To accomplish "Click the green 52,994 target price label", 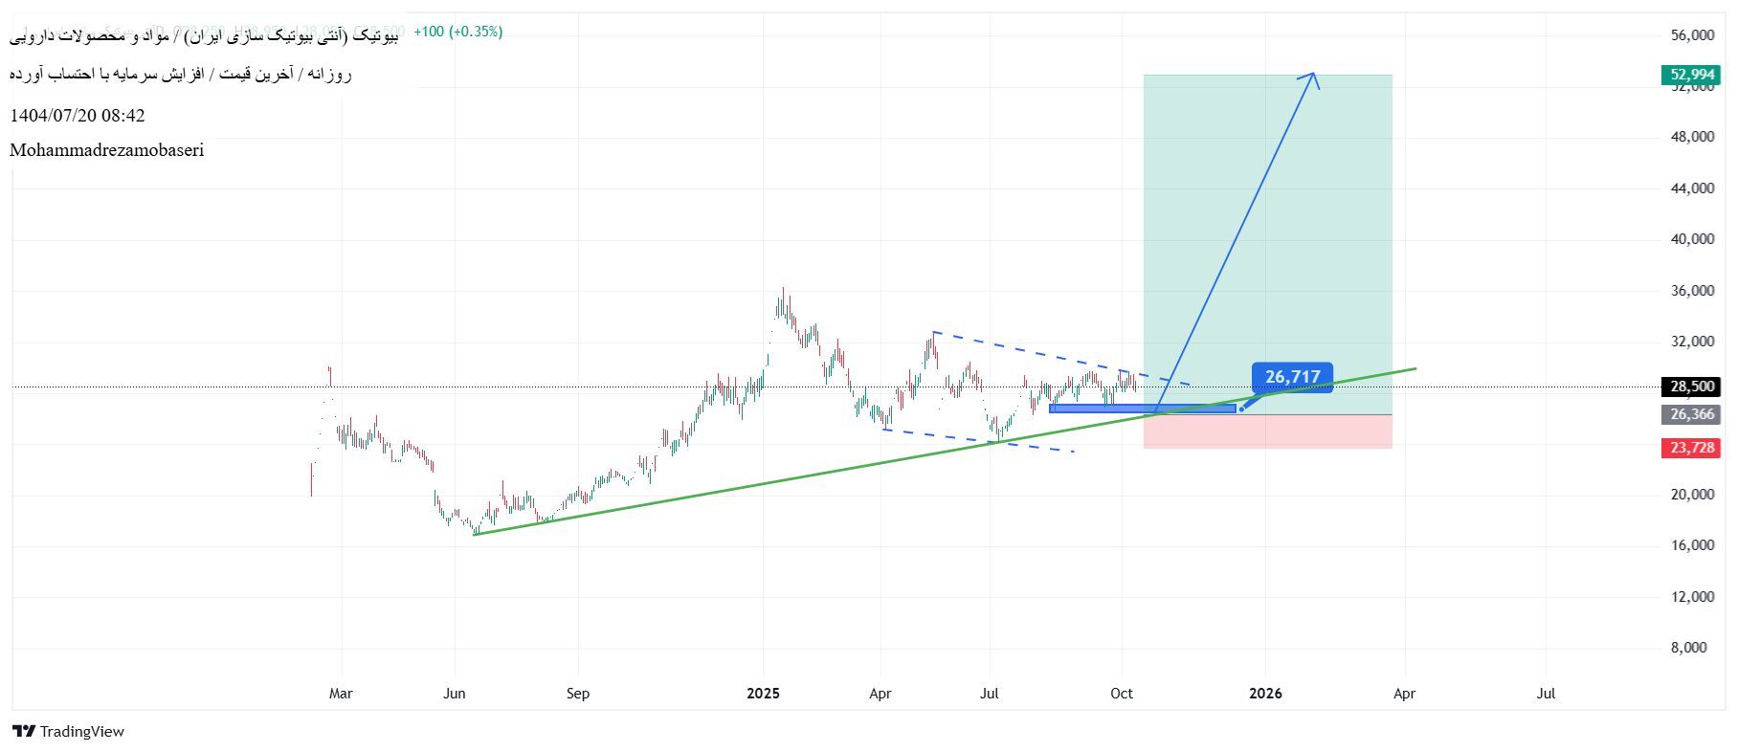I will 1691,75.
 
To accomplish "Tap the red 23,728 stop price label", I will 1691,448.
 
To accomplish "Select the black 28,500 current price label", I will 1691,387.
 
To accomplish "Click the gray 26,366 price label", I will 1691,414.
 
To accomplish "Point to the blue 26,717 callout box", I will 1292,377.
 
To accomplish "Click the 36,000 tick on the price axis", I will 1692,291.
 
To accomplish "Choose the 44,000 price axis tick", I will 1692,188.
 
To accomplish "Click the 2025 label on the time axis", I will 763,694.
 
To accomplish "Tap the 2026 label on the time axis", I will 1265,694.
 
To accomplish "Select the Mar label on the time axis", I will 341,694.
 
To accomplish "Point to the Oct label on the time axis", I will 1122,694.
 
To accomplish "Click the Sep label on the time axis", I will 578,694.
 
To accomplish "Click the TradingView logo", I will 69,732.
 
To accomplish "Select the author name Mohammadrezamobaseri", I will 107,150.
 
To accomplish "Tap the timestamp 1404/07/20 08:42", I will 78,116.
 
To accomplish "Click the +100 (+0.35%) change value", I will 457,32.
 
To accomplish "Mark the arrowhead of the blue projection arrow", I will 1313,75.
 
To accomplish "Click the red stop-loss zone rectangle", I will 1267,431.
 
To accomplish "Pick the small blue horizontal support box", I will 1143,409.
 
